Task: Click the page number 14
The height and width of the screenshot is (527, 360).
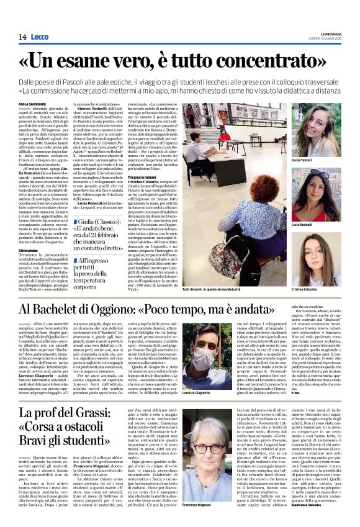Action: [22, 37]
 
